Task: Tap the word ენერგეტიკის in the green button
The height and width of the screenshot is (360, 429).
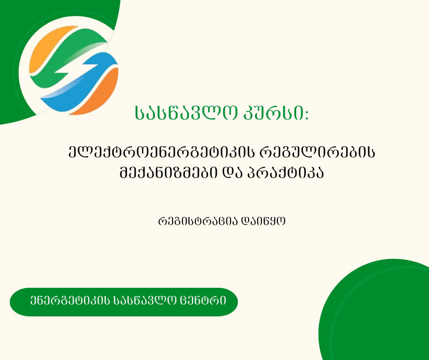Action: (68, 302)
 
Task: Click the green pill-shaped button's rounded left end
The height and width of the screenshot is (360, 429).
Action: (18, 302)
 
